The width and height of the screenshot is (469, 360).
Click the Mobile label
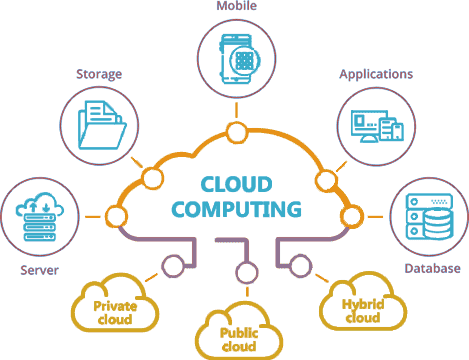click(236, 7)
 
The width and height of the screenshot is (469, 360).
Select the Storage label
click(99, 74)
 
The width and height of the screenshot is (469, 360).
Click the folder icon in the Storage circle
click(101, 125)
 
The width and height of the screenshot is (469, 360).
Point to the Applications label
click(376, 74)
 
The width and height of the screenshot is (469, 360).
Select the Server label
click(40, 270)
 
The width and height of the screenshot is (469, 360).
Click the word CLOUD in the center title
click(236, 185)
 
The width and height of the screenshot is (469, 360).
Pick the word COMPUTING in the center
click(236, 210)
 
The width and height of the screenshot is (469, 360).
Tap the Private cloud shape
click(115, 312)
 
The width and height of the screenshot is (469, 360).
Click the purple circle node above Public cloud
click(240, 272)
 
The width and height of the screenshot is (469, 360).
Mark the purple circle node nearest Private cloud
click(171, 265)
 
